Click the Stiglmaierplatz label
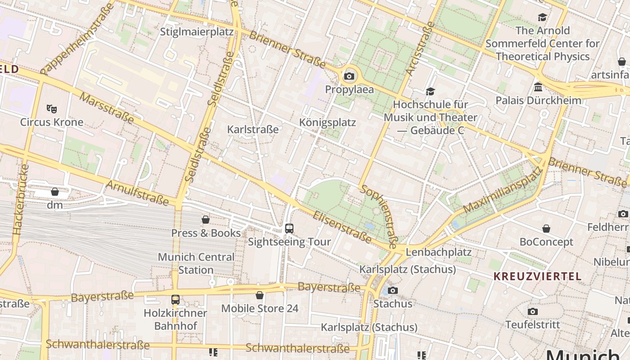pyautogui.click(x=197, y=32)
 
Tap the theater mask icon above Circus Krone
pyautogui.click(x=52, y=108)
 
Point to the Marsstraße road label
pyautogui.click(x=107, y=108)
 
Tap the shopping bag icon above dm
pyautogui.click(x=55, y=192)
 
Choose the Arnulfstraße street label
pyautogui.click(x=137, y=193)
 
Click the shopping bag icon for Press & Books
pyautogui.click(x=206, y=220)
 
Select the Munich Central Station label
pyautogui.click(x=196, y=263)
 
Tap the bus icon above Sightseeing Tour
pyautogui.click(x=289, y=229)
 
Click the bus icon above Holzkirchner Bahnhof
pyautogui.click(x=175, y=300)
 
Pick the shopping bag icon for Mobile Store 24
pyautogui.click(x=260, y=296)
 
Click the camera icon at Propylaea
pyautogui.click(x=349, y=76)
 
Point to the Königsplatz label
pyautogui.click(x=328, y=122)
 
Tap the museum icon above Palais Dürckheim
pyautogui.click(x=538, y=87)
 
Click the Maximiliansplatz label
pyautogui.click(x=502, y=190)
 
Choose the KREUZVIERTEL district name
pyautogui.click(x=537, y=276)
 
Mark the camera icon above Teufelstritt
pyautogui.click(x=532, y=312)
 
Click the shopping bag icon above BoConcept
pyautogui.click(x=546, y=229)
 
